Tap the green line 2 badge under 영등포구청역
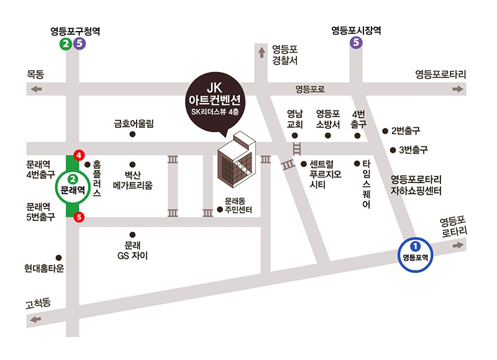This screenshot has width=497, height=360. tap(66, 43)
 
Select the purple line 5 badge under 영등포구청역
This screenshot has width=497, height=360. tap(79, 43)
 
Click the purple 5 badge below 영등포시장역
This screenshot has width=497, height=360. tap(356, 43)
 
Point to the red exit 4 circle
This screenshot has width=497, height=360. tap(78, 155)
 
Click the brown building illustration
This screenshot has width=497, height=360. tap(234, 160)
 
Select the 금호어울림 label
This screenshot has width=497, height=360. tap(134, 124)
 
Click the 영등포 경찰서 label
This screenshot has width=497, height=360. tap(286, 55)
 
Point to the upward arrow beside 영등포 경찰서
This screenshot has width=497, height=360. tap(261, 53)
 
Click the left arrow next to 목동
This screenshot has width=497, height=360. tap(36, 90)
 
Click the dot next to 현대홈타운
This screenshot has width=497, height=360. tap(59, 258)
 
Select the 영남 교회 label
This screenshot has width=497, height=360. tap(294, 119)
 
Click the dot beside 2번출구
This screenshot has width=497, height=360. tap(385, 131)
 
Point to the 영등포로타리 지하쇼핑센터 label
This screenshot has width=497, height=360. tap(416, 185)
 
